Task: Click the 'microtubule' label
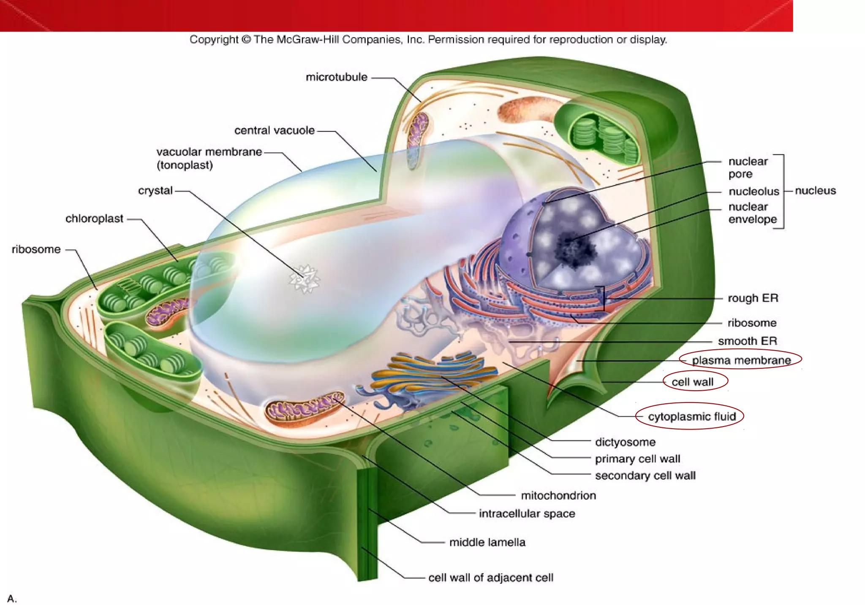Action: [336, 77]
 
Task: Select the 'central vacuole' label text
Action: [274, 130]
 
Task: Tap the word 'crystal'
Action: [155, 191]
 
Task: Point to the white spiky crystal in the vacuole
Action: [304, 279]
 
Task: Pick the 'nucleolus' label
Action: [753, 192]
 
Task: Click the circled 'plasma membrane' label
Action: [741, 360]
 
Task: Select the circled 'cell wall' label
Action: [692, 382]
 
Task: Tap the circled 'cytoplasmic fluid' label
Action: [692, 417]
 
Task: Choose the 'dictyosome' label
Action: [625, 442]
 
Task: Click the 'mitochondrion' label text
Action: [558, 495]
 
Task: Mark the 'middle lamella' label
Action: [487, 542]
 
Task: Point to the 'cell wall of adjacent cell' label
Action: [490, 578]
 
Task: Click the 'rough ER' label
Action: [753, 298]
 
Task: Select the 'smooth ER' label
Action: [747, 341]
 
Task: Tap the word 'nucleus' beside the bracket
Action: [815, 191]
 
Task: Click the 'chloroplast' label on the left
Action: [94, 219]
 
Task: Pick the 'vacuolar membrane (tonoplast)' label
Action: [209, 158]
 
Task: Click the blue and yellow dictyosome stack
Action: [435, 373]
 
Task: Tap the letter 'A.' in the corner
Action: [12, 598]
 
